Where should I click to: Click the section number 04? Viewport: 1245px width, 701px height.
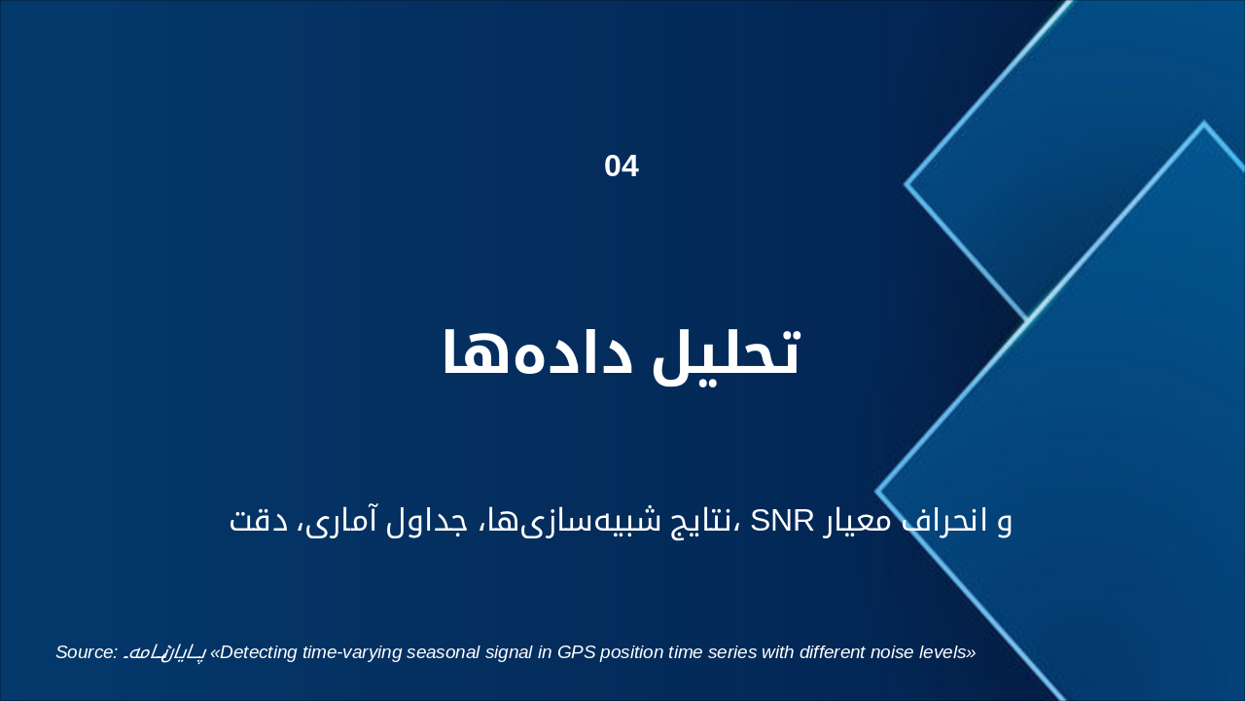(622, 166)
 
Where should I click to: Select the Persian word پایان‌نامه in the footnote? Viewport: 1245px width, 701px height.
(164, 652)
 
